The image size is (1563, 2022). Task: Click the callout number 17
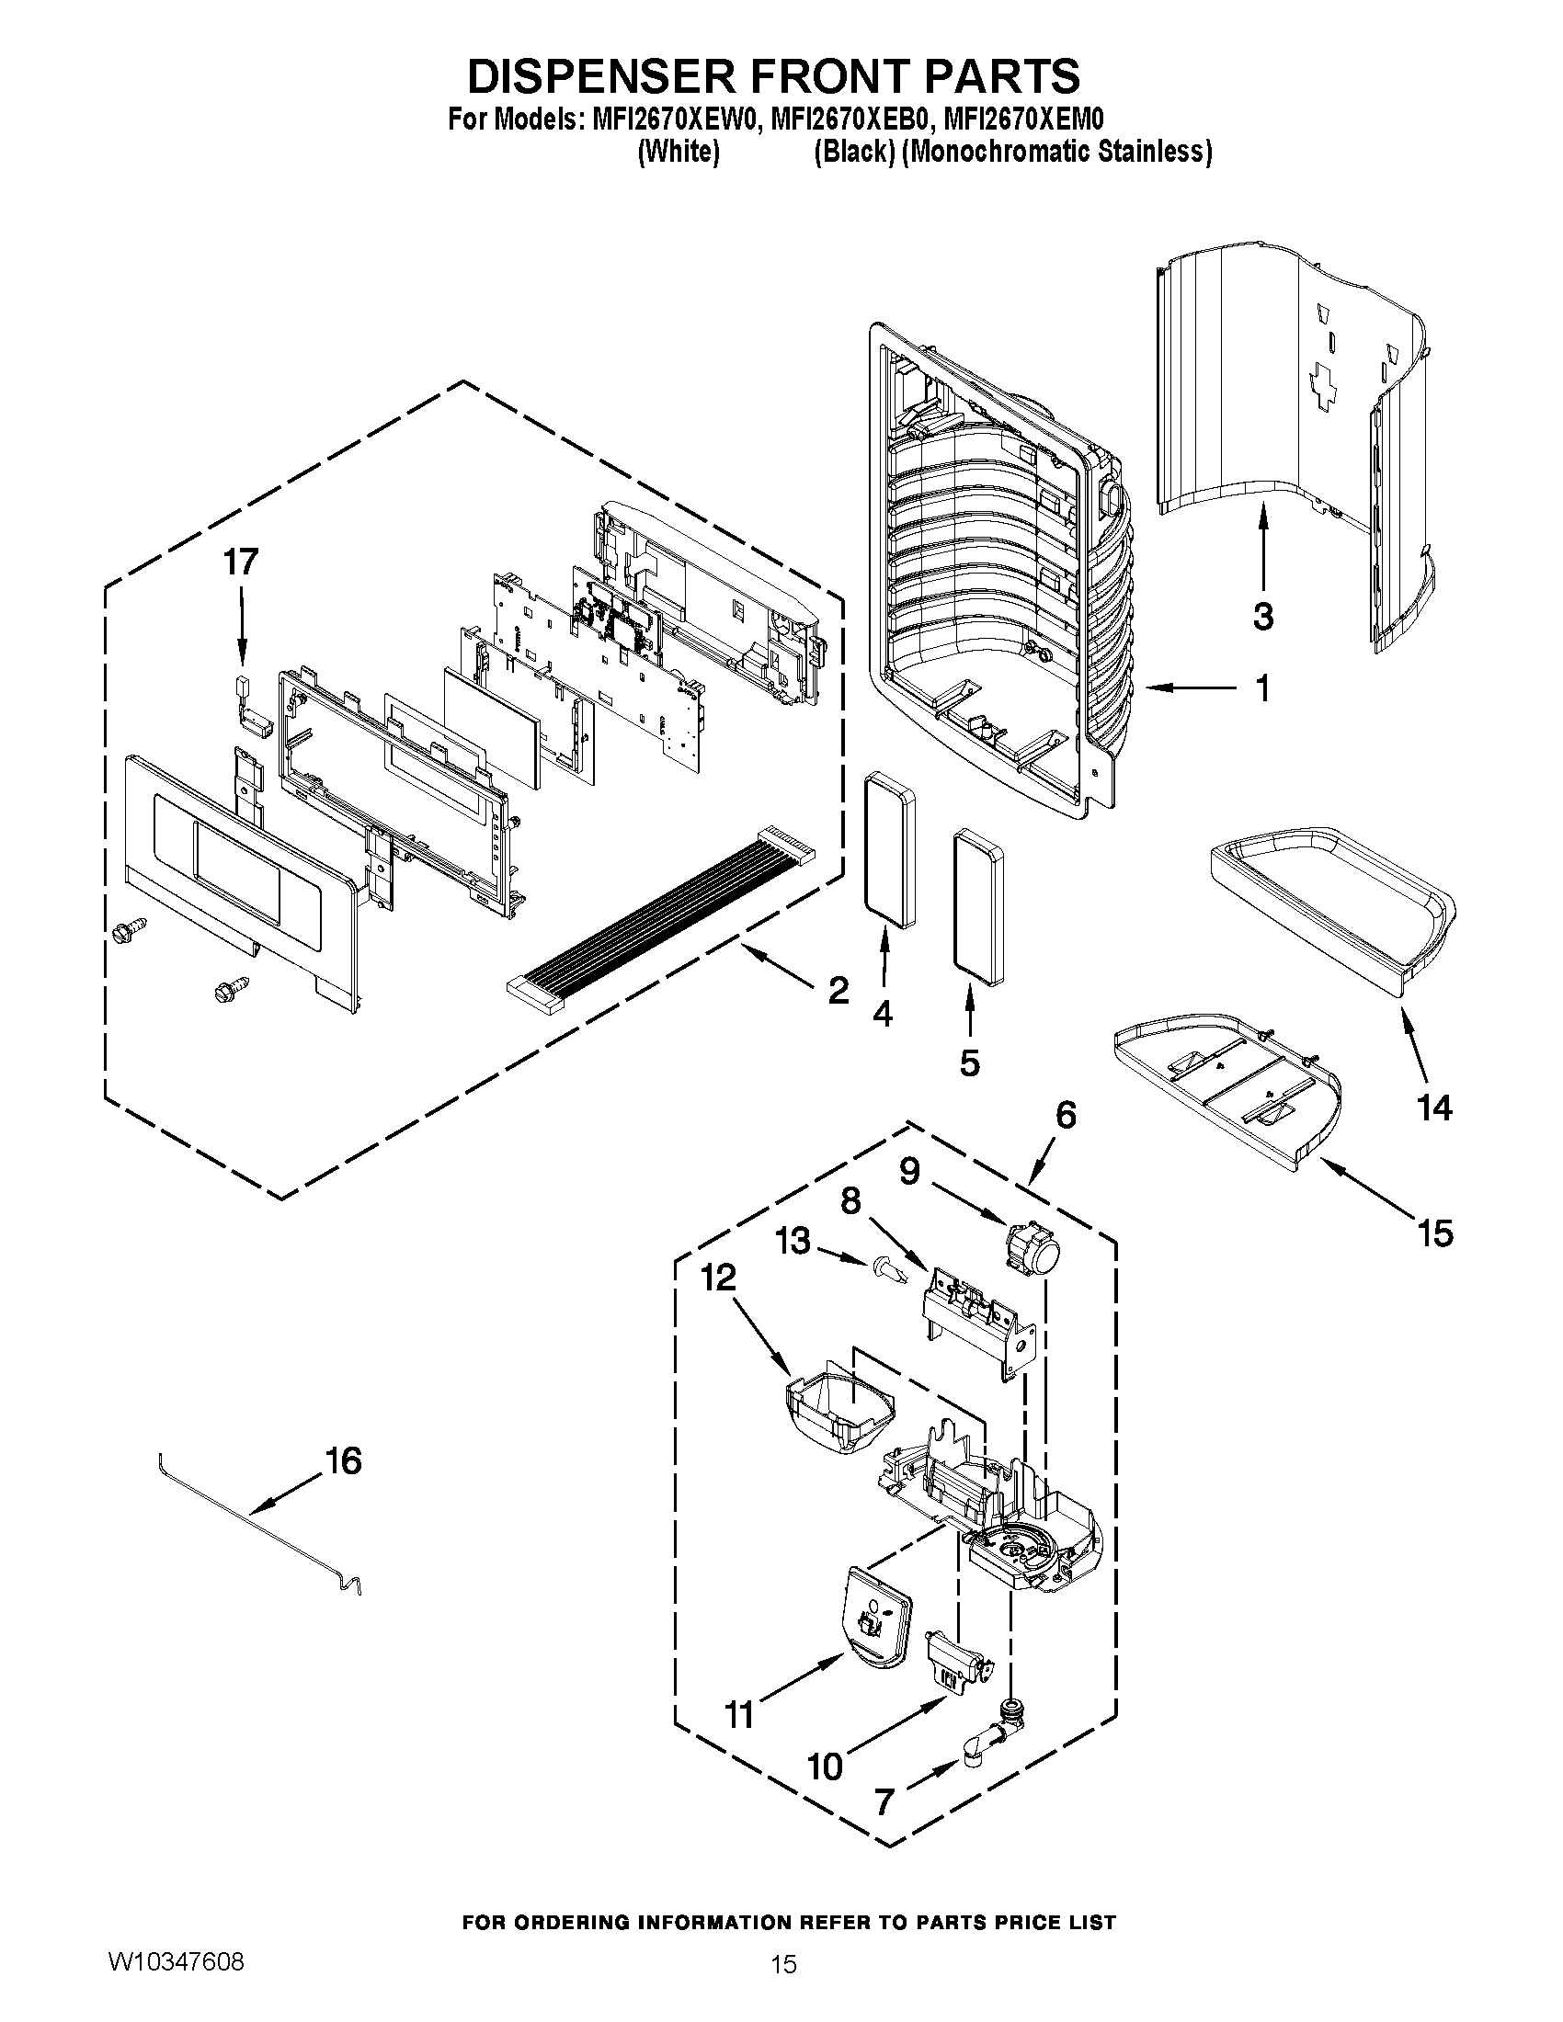point(241,562)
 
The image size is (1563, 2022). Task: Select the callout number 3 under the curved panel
point(1263,616)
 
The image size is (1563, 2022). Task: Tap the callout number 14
point(1434,1108)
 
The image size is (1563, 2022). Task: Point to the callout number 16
point(343,1461)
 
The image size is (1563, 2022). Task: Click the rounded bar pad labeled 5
point(976,907)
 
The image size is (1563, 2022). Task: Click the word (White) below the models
point(679,152)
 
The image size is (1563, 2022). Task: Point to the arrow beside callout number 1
point(1192,687)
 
